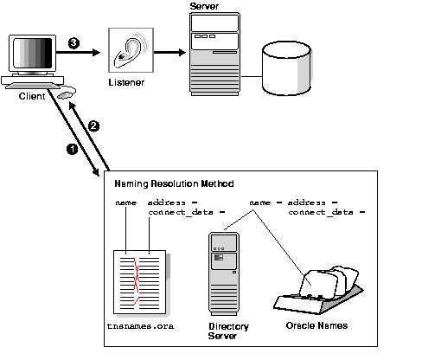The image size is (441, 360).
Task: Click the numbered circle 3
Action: coord(73,43)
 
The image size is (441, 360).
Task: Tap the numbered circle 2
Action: coord(93,126)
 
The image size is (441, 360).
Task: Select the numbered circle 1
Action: coord(72,149)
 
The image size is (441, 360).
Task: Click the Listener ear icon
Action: coord(131,50)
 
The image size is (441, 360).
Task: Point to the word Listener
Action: coord(126,82)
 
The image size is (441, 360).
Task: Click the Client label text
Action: coord(32,96)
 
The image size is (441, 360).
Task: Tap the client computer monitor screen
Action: coord(33,53)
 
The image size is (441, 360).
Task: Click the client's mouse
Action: coord(66,94)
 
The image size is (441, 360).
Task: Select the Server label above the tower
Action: coord(204,6)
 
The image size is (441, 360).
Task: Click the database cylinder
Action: coord(287,68)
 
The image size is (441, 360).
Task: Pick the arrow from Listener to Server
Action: coord(169,53)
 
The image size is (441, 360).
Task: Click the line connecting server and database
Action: coord(252,77)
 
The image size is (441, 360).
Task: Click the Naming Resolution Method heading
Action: coord(174,183)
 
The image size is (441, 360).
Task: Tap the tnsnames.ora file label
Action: coord(140,326)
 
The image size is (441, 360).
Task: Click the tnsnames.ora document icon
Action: coord(140,282)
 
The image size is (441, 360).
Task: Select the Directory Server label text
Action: coord(228,331)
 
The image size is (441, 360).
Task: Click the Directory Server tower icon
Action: coord(224,273)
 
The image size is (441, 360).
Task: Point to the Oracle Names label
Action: coord(316,325)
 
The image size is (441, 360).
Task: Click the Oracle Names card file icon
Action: coord(318,290)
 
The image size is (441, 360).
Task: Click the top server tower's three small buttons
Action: coord(205,36)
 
